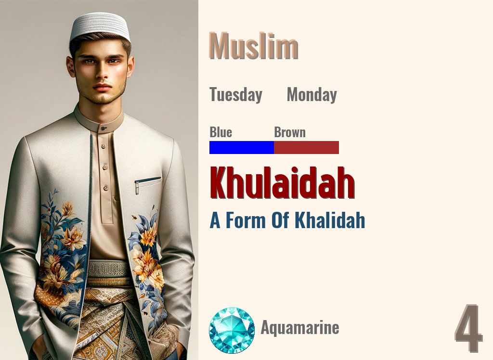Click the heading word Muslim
point(254,47)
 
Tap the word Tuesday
point(235,95)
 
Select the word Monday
point(311,95)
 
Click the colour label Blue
point(221,132)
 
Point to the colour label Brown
point(290,132)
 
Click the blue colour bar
point(242,147)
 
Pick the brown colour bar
point(307,147)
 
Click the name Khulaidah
point(282,183)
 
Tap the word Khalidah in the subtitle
point(330,220)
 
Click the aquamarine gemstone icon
point(232,330)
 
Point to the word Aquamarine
point(300,328)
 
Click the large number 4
point(468,329)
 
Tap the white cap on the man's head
point(100,26)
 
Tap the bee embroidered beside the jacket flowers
point(134,218)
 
